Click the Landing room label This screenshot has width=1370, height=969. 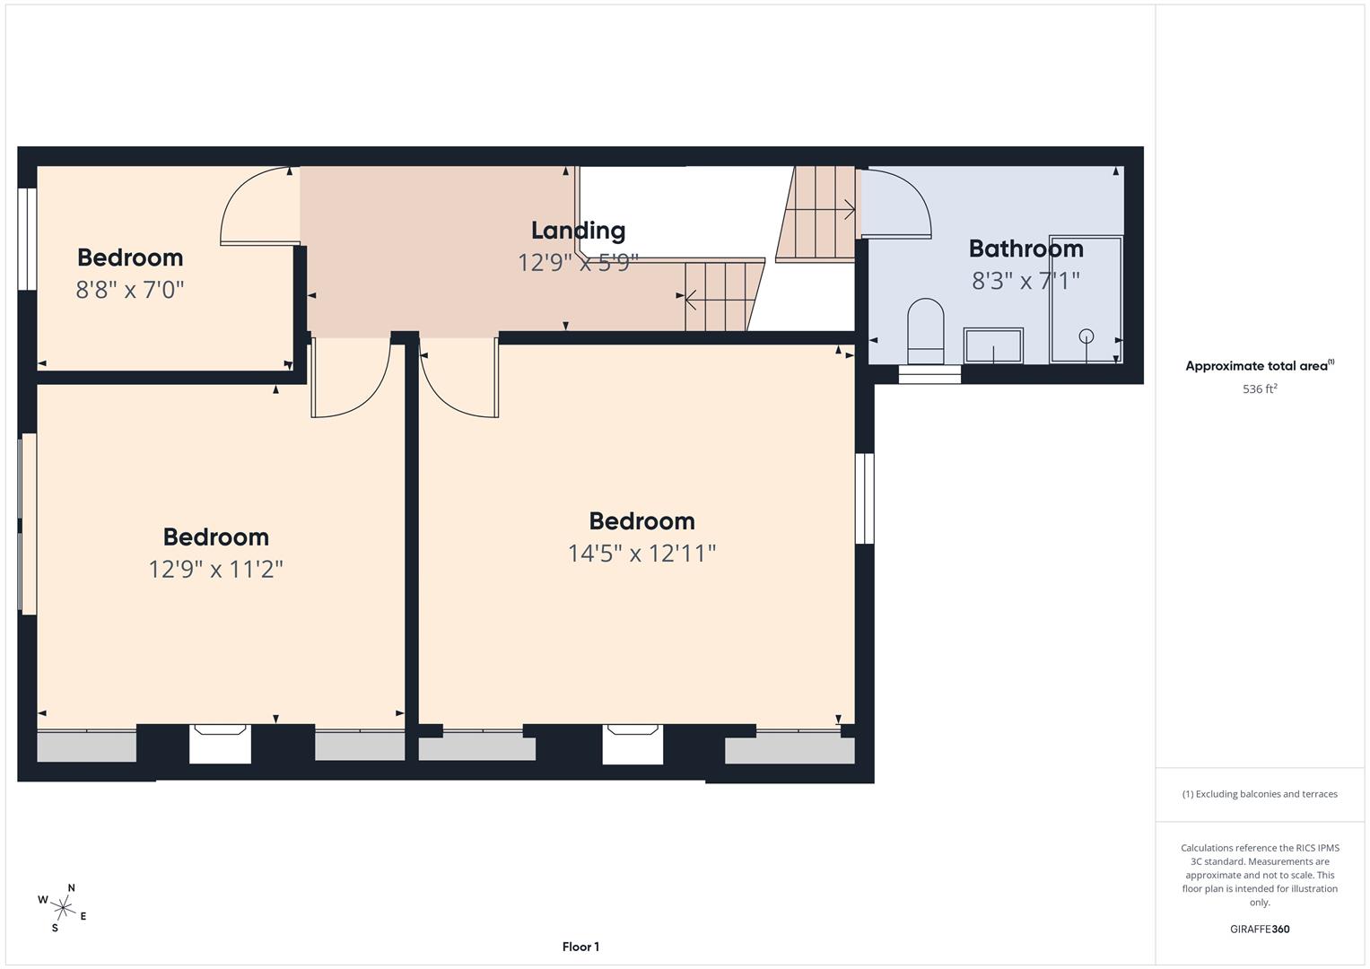pos(578,231)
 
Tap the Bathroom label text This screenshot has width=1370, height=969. pos(1025,249)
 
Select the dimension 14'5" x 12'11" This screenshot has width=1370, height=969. pos(641,554)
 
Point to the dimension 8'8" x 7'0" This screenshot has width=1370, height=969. pos(130,290)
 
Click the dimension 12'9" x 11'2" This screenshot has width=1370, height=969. pos(215,570)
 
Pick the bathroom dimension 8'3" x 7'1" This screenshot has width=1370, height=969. pos(1025,281)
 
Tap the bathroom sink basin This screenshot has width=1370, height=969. pos(993,345)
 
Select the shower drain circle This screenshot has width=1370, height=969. pos(1086,336)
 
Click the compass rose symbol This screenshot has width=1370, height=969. pos(62,906)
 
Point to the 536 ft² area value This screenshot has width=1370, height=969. pos(1259,389)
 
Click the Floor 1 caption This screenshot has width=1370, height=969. pos(580,947)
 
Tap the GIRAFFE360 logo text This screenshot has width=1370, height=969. pos(1259,929)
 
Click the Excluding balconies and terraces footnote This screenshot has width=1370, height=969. pos(1259,794)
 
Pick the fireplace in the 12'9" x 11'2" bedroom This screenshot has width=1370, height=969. pos(220,744)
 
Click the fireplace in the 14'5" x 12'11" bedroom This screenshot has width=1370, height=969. pos(633,744)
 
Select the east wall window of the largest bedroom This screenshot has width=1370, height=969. pos(864,498)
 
